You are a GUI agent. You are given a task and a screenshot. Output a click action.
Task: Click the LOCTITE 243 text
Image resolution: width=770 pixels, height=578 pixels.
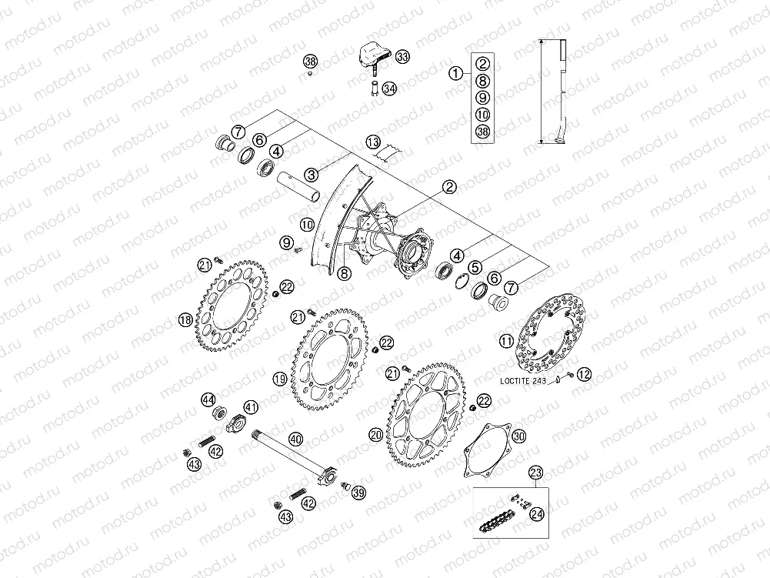coord(523,380)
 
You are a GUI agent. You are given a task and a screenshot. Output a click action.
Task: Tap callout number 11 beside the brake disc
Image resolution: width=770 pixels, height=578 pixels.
coord(506,341)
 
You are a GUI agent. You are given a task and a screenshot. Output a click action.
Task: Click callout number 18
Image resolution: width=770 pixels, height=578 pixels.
coord(185,321)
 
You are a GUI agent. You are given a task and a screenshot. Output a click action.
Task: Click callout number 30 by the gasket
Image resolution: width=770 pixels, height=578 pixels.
coord(519,436)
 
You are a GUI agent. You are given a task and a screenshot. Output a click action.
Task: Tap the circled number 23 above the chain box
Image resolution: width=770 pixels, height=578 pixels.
coord(535,473)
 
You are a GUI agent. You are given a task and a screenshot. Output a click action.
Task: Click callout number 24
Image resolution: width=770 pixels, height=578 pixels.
coord(537,514)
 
